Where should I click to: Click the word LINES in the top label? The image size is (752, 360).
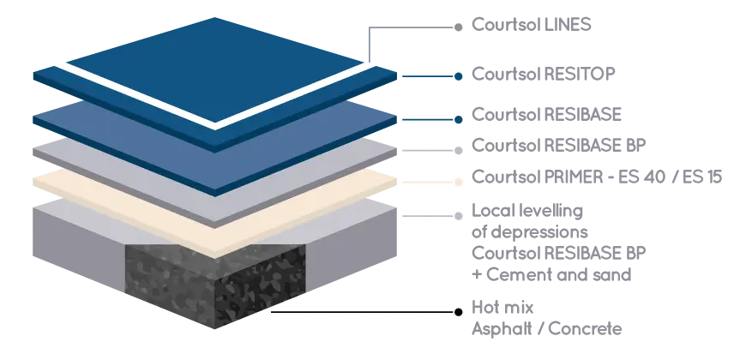[568, 25]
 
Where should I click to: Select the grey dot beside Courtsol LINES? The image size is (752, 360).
[459, 27]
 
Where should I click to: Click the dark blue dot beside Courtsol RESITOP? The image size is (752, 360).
[459, 76]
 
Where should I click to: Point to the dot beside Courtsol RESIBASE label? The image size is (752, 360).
[459, 119]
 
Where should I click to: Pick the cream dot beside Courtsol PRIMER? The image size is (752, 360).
[459, 183]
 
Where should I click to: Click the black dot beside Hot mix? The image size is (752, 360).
[459, 312]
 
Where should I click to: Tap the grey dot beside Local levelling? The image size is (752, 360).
[459, 216]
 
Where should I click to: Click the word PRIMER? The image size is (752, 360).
[573, 177]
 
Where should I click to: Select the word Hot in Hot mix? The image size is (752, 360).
[484, 307]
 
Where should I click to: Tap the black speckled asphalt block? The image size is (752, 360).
[216, 285]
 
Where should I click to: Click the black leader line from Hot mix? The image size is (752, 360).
[363, 312]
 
